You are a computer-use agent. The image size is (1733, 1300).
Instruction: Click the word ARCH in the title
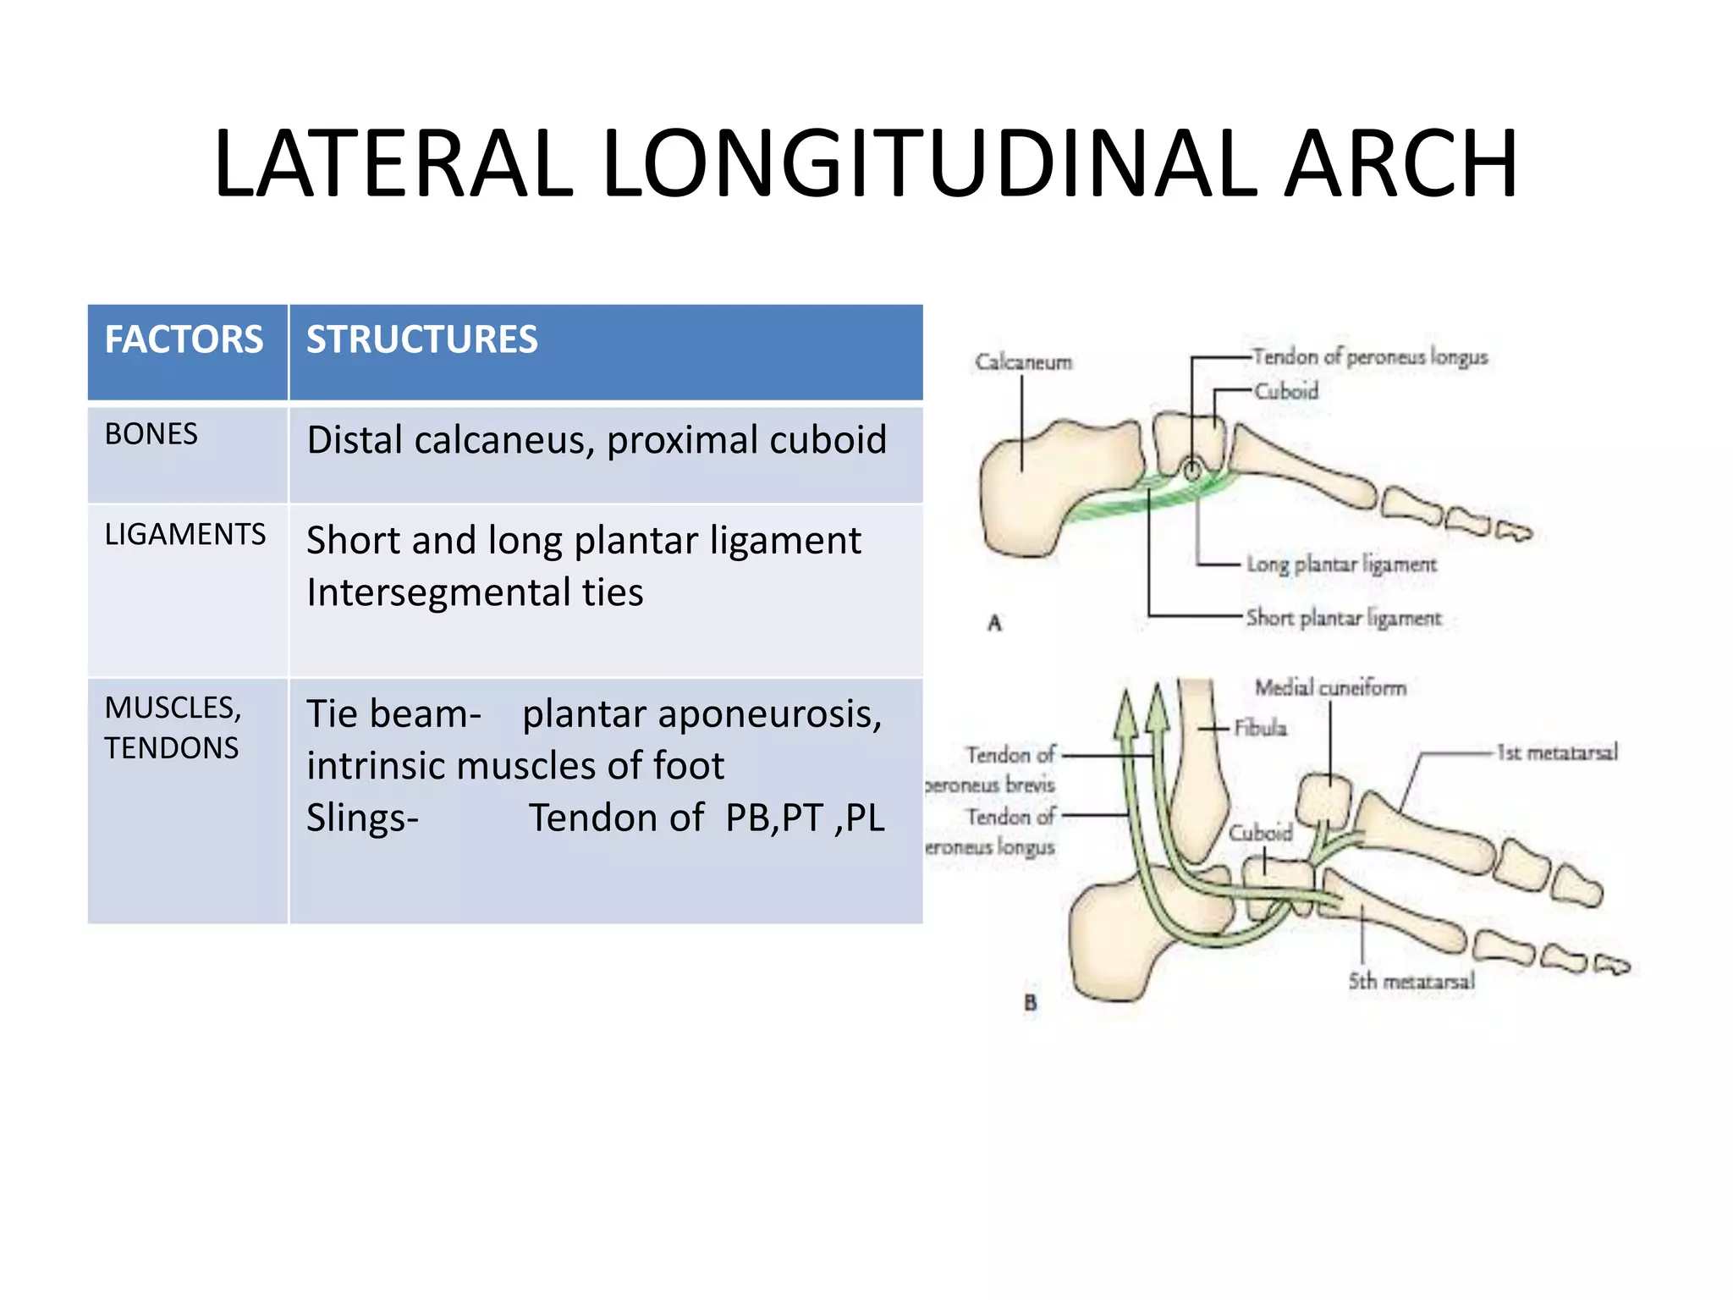click(1400, 163)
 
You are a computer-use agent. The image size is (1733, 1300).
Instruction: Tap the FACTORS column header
click(184, 339)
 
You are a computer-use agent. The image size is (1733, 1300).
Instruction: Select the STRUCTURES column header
click(421, 339)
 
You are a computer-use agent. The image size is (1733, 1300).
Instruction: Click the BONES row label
click(151, 434)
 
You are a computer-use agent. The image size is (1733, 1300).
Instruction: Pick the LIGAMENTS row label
click(184, 534)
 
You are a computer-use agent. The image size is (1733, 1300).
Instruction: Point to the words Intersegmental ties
click(474, 592)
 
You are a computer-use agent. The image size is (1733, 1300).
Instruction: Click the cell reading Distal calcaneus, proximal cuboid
click(597, 440)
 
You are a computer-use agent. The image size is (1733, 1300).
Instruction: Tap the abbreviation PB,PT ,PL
click(804, 818)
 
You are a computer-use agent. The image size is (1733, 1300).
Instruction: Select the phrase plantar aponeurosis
click(701, 713)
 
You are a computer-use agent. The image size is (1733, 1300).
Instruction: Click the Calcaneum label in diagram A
click(1023, 362)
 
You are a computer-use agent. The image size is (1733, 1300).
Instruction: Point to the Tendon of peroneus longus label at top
click(1369, 357)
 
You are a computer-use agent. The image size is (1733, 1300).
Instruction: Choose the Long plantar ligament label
click(1341, 564)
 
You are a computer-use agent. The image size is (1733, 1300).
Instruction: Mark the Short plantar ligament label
click(1343, 618)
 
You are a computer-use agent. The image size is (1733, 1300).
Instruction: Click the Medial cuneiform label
click(1330, 687)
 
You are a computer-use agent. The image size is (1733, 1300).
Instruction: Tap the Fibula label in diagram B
click(1260, 728)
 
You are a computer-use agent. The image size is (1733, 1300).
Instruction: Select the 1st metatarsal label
click(1557, 752)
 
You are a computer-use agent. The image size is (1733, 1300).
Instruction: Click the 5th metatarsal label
click(1411, 981)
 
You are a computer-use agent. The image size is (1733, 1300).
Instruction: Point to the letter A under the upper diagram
click(994, 624)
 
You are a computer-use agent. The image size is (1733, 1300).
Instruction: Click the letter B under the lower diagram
click(1030, 1003)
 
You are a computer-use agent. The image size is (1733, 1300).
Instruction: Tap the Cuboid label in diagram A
click(1285, 391)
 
